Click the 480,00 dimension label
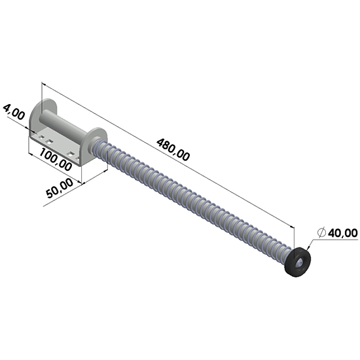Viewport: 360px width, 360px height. (x=173, y=149)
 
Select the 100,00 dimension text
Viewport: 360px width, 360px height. (x=55, y=159)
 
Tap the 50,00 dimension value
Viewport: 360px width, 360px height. (x=60, y=189)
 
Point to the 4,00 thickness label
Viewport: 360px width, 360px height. (x=14, y=112)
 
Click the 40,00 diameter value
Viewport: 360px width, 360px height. (x=343, y=233)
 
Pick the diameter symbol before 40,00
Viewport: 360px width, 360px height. (x=321, y=233)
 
